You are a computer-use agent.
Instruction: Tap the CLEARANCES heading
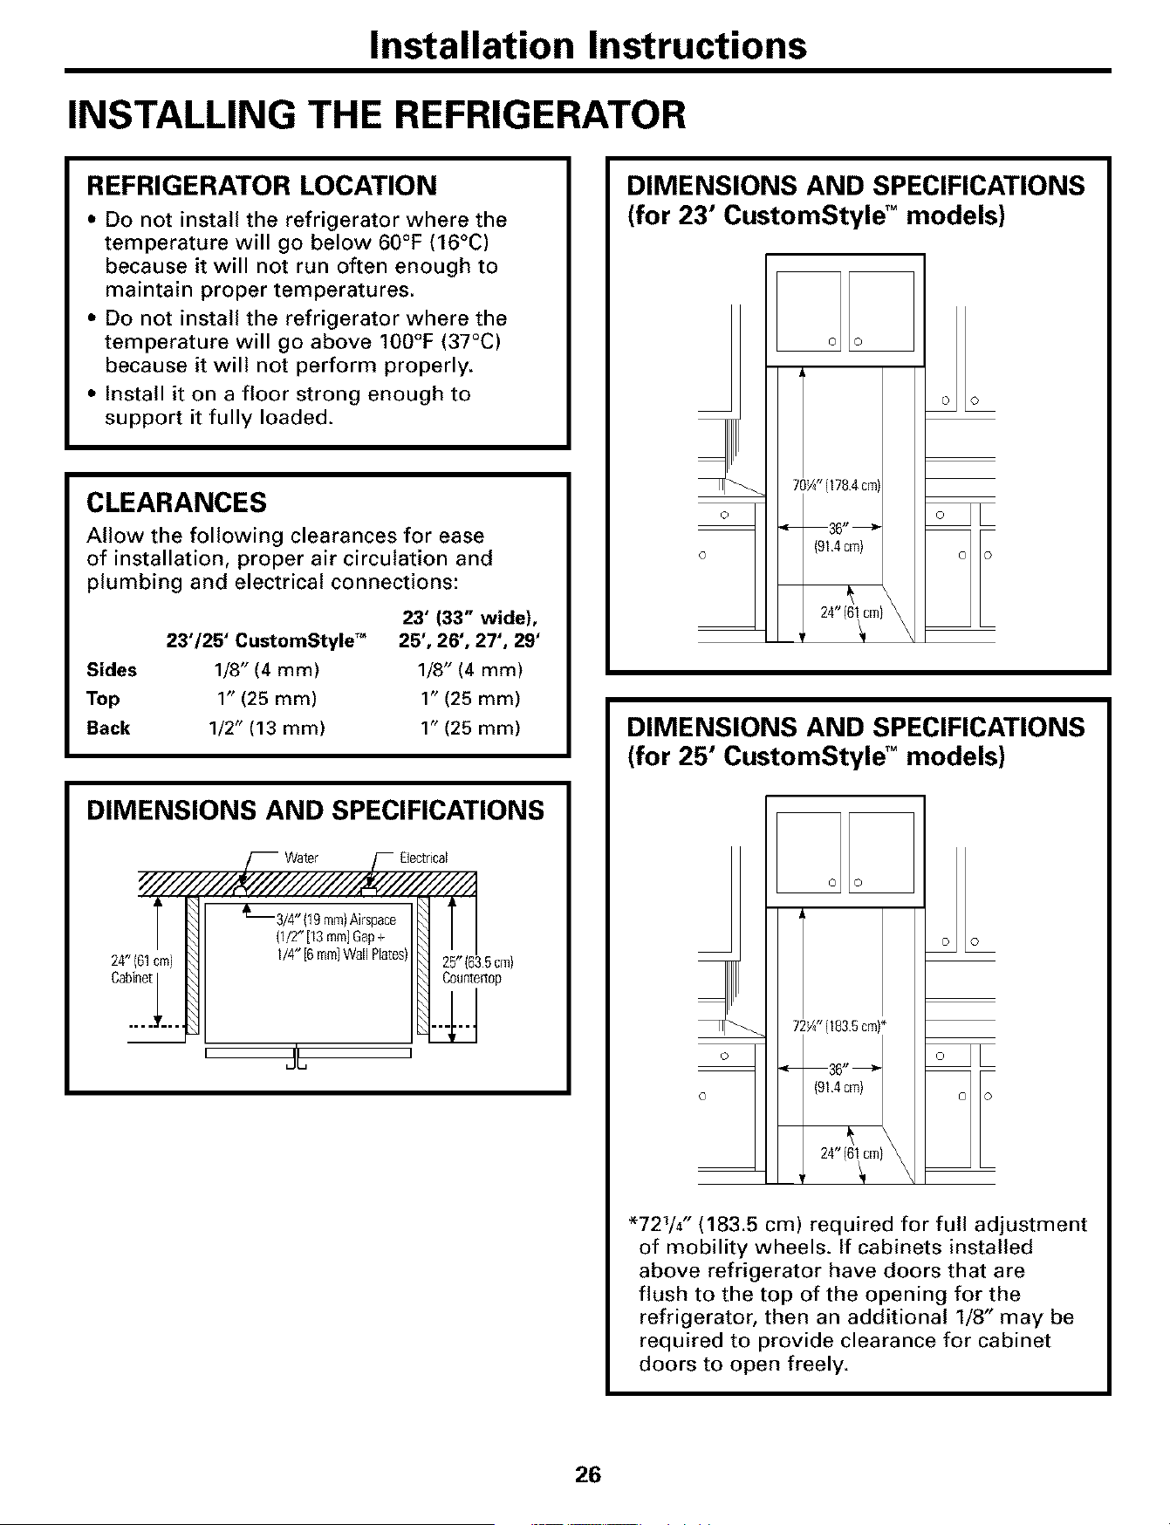point(174,503)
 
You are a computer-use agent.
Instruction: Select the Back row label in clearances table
point(108,728)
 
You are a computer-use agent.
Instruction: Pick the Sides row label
point(112,670)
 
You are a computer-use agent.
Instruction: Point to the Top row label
point(103,700)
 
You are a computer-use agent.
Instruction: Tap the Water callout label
point(302,857)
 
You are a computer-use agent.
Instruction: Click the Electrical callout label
point(423,857)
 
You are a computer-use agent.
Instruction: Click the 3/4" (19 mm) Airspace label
point(336,920)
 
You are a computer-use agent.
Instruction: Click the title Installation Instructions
point(585,45)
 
